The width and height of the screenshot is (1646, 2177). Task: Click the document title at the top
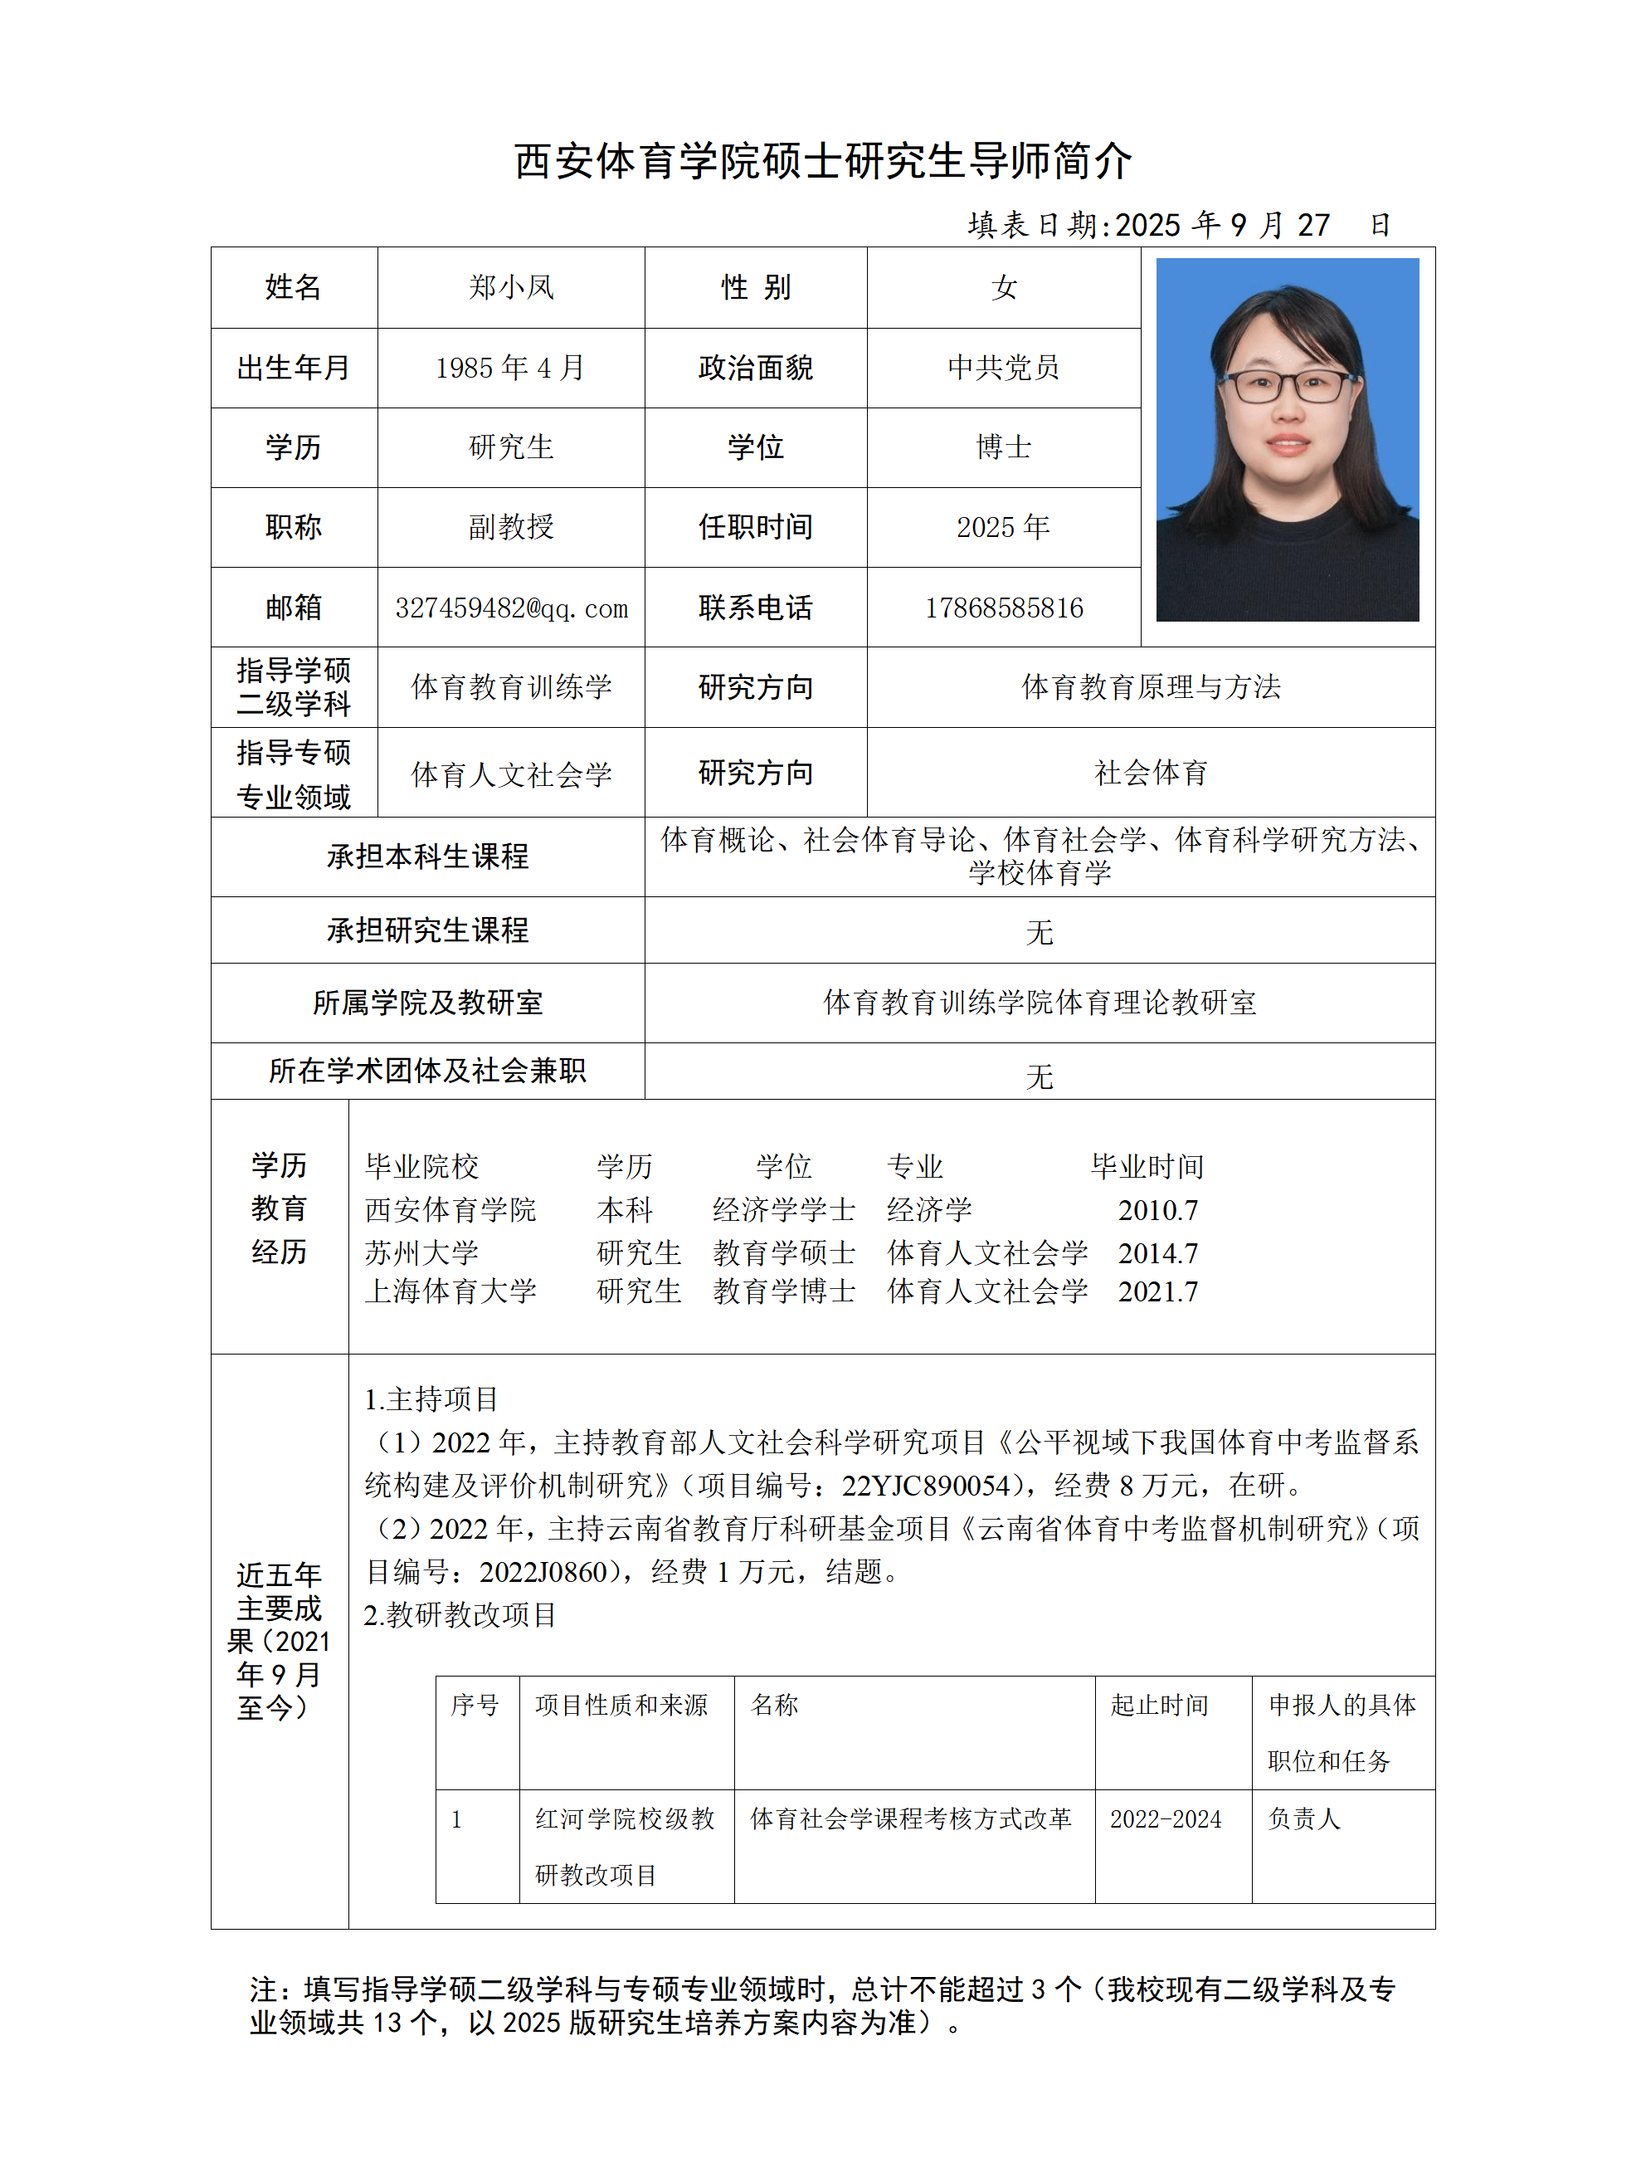(822, 161)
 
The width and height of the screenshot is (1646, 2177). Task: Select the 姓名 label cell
(293, 287)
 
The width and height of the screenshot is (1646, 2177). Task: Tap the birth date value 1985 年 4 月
(509, 368)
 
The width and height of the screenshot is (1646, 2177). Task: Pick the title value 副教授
(509, 528)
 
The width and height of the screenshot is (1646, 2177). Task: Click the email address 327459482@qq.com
(510, 608)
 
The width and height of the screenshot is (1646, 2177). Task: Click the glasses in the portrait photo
(1289, 385)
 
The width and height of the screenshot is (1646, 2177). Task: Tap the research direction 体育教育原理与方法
(1150, 687)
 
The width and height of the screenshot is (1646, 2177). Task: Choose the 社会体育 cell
(1150, 773)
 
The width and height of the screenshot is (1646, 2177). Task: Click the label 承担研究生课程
(427, 930)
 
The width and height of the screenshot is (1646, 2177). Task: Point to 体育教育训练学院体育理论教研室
(1039, 1003)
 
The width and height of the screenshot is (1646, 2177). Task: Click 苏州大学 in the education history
(421, 1253)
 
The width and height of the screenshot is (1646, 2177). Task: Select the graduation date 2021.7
(1157, 1291)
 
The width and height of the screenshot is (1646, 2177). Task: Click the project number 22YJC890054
(925, 1485)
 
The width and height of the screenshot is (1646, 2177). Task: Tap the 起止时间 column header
(1159, 1705)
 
